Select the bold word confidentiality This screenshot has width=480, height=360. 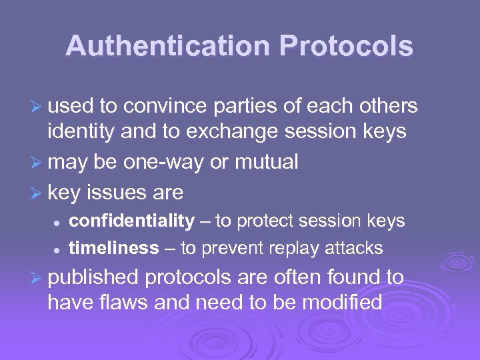click(131, 221)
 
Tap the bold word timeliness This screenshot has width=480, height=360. click(113, 248)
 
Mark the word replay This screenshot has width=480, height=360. click(298, 248)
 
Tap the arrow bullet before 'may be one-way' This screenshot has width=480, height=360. click(37, 163)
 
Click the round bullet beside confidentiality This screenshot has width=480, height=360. click(58, 221)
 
